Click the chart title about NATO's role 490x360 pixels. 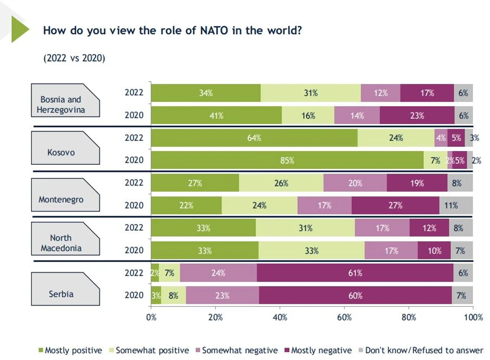(x=172, y=30)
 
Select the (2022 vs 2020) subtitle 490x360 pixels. (x=74, y=58)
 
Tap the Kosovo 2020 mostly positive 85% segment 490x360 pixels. (x=287, y=160)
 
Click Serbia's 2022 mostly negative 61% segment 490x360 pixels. (x=355, y=273)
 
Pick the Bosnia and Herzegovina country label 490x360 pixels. (x=61, y=104)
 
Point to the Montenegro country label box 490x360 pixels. (x=61, y=200)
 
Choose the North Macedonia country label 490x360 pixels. (x=61, y=243)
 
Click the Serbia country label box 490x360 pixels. (x=61, y=294)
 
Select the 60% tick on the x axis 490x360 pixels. (x=345, y=317)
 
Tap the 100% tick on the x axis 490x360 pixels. (x=473, y=317)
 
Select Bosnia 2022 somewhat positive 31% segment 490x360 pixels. (x=311, y=93)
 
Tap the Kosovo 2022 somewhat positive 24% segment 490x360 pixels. (x=396, y=138)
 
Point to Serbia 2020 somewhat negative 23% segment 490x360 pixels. (x=222, y=295)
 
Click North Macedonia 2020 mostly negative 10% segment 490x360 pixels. (x=434, y=251)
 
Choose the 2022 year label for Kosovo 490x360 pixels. (x=134, y=138)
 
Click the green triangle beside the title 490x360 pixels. (x=19, y=29)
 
